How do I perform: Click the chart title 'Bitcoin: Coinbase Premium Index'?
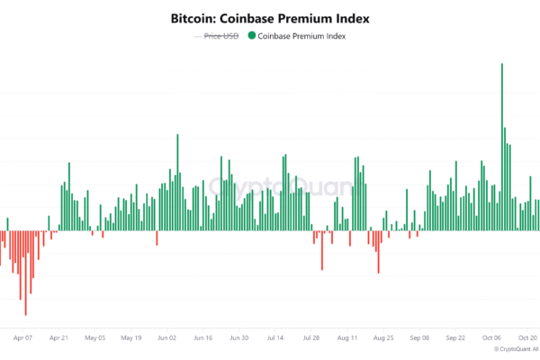tap(269, 18)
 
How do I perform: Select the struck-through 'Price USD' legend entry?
tap(220, 36)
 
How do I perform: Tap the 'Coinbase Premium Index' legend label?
tap(301, 36)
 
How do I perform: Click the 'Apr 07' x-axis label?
tap(24, 338)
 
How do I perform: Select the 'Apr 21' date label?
tap(59, 338)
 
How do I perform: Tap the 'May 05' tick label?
tap(95, 338)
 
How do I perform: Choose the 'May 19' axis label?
tap(131, 338)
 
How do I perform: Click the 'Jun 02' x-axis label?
tap(167, 338)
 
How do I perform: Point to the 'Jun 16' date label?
tap(203, 338)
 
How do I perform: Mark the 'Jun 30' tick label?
tap(239, 338)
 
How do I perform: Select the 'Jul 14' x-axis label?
tap(275, 338)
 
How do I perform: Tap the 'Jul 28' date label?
tap(311, 338)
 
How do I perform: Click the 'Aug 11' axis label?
tap(347, 338)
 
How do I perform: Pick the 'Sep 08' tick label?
tap(419, 338)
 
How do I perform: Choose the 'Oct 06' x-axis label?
tap(491, 338)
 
